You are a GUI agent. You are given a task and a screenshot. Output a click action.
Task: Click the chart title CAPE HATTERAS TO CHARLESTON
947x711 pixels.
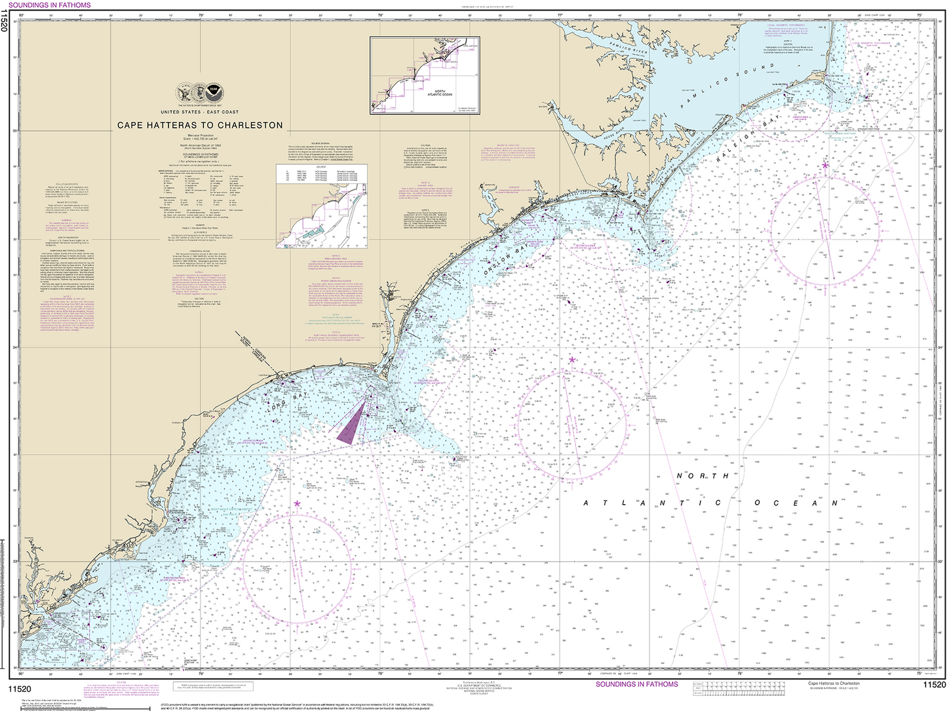coord(200,125)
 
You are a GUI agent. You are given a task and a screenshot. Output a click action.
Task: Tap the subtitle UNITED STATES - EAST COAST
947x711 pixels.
coord(199,112)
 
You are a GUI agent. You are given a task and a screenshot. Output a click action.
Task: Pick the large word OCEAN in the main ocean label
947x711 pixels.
coord(796,503)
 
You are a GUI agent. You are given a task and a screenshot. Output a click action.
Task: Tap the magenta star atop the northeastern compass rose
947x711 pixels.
coord(825,165)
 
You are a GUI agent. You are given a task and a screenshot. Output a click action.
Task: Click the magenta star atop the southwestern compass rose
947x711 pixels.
coord(297,503)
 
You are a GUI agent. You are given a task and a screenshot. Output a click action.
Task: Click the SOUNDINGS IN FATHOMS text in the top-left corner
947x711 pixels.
coord(50,5)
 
